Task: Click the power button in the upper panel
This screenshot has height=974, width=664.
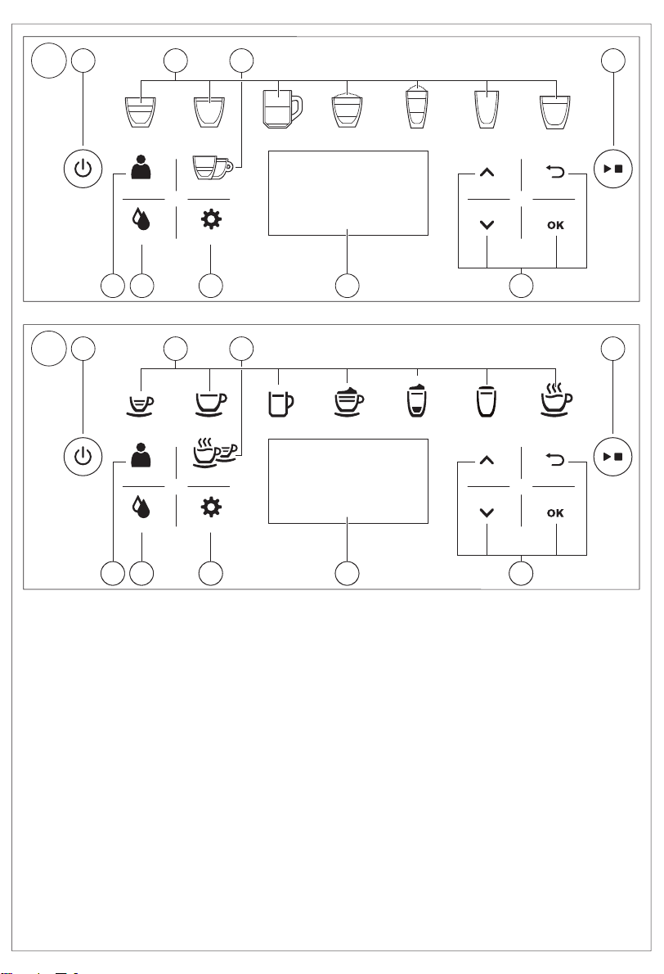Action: (83, 169)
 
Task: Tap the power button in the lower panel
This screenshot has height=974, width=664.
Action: (83, 457)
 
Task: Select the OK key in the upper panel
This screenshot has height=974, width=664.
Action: (555, 225)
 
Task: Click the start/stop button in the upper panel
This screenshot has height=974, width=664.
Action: (613, 169)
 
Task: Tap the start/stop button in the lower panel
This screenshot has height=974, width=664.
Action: (613, 457)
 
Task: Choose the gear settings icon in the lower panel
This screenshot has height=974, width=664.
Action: (211, 507)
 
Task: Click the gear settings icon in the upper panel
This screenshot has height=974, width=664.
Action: (211, 219)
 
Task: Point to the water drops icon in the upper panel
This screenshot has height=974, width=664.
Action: (141, 220)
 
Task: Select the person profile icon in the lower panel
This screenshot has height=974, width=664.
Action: (141, 455)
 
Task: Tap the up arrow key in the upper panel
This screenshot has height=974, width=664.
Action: (487, 173)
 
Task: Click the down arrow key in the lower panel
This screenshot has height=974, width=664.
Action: (487, 513)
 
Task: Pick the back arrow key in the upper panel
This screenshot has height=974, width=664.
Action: (555, 170)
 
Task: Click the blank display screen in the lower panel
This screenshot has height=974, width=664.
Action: (348, 480)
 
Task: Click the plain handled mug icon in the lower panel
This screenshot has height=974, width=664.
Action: (280, 404)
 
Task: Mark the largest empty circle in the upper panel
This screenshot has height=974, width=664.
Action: (49, 61)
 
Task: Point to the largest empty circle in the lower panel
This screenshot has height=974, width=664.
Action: (49, 349)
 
